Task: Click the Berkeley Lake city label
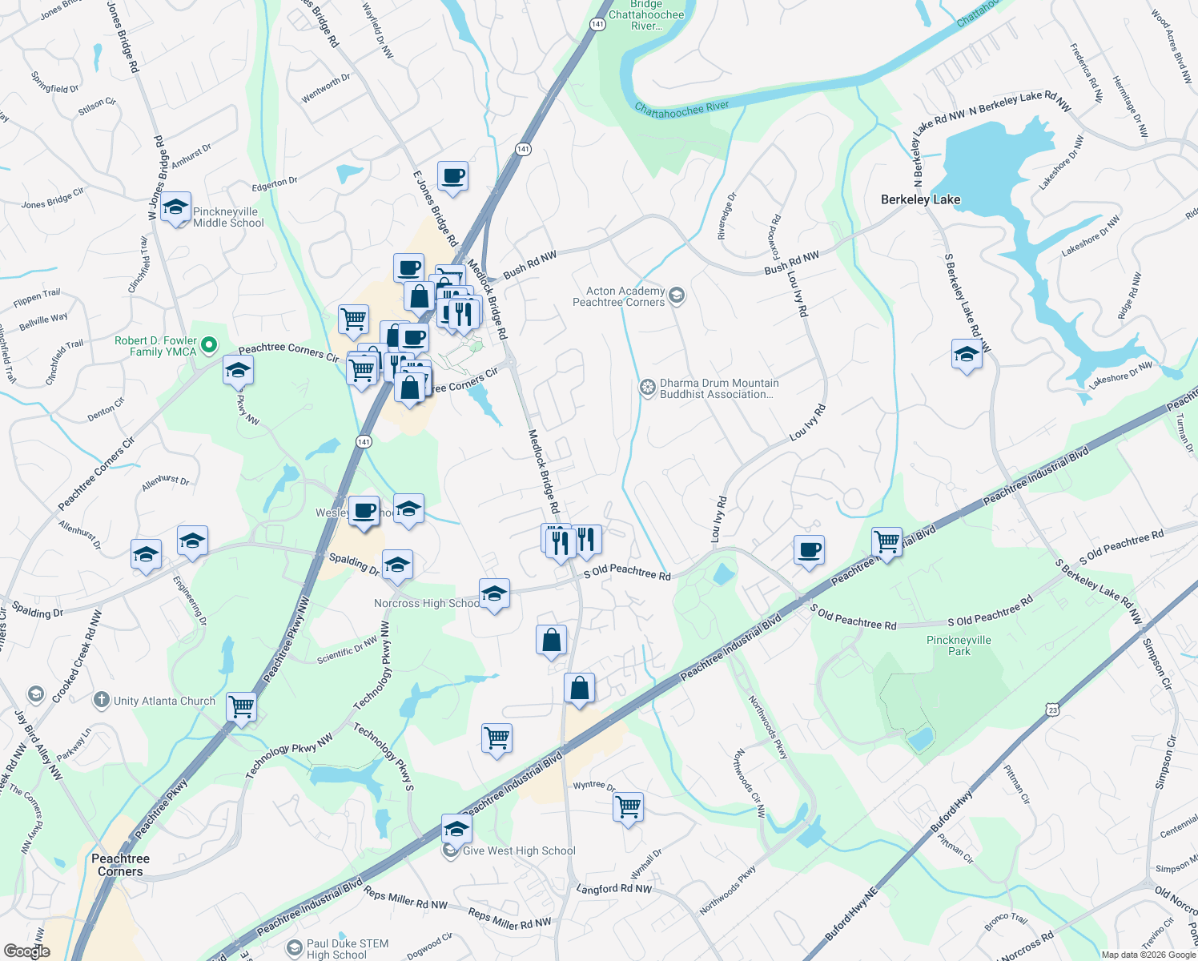[x=920, y=199]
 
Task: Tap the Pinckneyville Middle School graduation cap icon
[x=175, y=208]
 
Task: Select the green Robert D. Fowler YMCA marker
[x=209, y=345]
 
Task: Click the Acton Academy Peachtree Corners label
[x=618, y=296]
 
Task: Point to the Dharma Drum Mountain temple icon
[x=647, y=388]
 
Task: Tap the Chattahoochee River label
[x=681, y=109]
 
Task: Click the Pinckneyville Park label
[x=959, y=645]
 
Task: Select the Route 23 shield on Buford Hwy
[x=1052, y=710]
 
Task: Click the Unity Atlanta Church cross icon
[x=101, y=700]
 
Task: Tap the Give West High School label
[x=519, y=850]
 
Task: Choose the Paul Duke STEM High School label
[x=348, y=949]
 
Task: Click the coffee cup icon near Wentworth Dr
[x=452, y=175]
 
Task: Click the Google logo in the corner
[x=26, y=951]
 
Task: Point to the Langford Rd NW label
[x=614, y=888]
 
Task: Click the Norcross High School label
[x=427, y=603]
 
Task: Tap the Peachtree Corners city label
[x=120, y=865]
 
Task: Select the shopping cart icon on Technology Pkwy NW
[x=241, y=706]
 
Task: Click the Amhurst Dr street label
[x=191, y=155]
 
